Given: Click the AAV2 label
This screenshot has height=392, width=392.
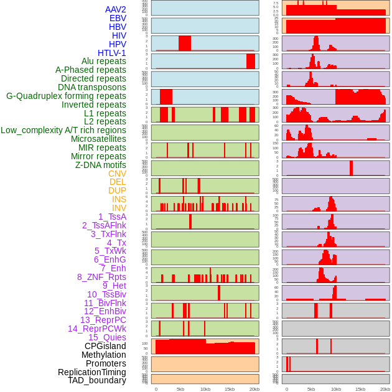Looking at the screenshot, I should click(x=116, y=9).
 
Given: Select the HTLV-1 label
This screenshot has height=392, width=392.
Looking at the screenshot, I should click(x=112, y=53).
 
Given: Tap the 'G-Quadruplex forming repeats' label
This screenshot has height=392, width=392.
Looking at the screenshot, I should click(x=66, y=96).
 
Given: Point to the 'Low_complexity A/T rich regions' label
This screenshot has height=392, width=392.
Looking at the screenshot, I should click(x=63, y=130).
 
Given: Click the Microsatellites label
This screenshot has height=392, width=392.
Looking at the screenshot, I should click(x=98, y=139).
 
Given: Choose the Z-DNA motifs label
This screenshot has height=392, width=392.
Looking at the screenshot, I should click(x=101, y=165).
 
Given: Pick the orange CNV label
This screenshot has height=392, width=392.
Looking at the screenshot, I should click(x=117, y=174).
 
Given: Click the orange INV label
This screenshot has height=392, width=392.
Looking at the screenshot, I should click(x=119, y=208).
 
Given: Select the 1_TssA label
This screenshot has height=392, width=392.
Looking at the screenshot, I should click(x=112, y=217).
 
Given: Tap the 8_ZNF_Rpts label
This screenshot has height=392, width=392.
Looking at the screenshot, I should click(x=101, y=277).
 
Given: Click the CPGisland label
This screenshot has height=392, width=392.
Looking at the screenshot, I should click(x=105, y=346).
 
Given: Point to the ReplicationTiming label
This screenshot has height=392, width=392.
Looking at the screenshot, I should click(x=92, y=372).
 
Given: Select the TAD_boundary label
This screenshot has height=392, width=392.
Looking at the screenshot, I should click(x=97, y=380).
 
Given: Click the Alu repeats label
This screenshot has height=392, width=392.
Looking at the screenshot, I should click(x=104, y=61).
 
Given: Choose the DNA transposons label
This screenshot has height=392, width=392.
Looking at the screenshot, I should click(x=92, y=87).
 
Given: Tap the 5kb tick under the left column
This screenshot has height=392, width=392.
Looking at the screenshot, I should click(x=180, y=389).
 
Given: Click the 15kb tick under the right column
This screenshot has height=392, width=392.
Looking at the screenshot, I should click(x=360, y=389).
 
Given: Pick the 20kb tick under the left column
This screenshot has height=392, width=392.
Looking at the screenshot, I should click(x=254, y=389).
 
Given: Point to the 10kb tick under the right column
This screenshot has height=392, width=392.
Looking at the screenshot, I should click(x=336, y=389).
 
